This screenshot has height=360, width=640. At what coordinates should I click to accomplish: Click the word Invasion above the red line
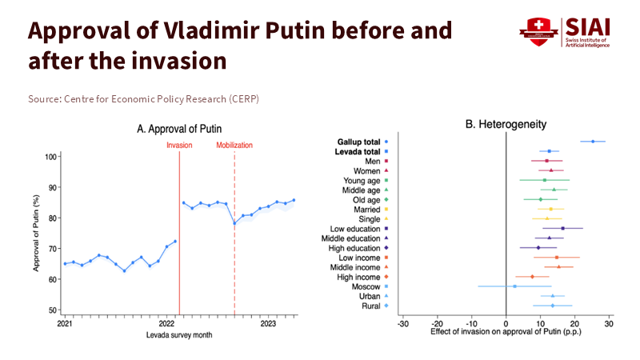[179, 145]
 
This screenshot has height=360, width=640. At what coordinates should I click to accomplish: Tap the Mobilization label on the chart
[234, 145]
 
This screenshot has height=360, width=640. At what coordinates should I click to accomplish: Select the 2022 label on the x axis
[167, 323]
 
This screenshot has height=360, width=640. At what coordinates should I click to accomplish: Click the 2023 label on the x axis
[269, 323]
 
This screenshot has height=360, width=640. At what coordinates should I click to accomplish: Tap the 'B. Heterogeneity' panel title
[506, 125]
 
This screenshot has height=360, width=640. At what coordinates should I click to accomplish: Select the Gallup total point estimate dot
[593, 142]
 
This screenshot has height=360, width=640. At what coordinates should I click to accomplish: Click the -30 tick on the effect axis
[403, 324]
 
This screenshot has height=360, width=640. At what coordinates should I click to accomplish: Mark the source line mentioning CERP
[143, 98]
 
